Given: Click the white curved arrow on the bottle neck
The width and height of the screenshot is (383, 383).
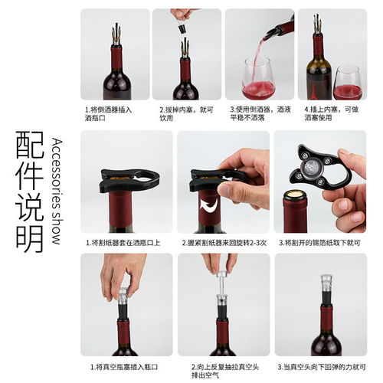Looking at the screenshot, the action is (x=209, y=205).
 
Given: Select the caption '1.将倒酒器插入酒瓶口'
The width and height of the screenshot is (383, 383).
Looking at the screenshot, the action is (x=108, y=114).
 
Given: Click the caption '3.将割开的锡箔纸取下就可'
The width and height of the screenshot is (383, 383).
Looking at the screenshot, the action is (x=319, y=243).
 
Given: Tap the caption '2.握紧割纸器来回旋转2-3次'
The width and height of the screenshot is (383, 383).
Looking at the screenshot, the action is (x=224, y=243).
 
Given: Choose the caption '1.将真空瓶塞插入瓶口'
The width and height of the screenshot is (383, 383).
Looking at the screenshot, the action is (x=124, y=367).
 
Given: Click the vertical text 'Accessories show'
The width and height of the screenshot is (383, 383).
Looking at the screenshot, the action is (x=57, y=191).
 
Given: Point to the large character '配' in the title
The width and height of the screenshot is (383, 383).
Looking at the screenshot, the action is (x=30, y=145).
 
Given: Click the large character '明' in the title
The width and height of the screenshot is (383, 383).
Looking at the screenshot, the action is (x=30, y=239).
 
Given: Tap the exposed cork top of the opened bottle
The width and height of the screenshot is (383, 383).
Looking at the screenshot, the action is (x=295, y=194).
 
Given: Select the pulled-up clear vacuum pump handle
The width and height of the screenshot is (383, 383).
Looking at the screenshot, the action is (x=221, y=283).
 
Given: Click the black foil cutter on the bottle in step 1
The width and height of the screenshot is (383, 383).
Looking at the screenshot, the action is (x=129, y=180).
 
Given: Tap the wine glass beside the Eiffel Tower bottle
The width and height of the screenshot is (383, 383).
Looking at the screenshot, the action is (x=348, y=83).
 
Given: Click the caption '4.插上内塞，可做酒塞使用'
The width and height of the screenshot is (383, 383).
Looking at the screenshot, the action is (x=332, y=113).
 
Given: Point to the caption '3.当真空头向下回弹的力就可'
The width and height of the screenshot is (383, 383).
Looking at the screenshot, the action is (x=322, y=367).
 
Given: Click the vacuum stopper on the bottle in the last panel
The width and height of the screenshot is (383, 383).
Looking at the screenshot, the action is (x=326, y=290).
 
